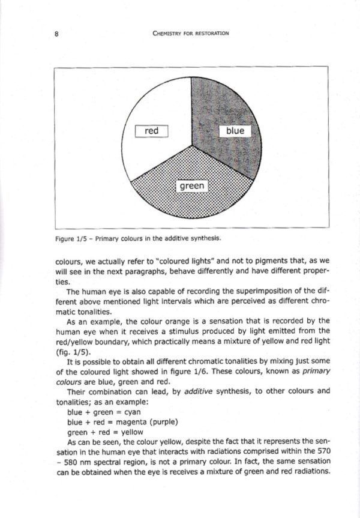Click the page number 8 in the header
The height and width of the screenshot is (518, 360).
point(55,34)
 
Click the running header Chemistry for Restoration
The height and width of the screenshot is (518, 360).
point(191,34)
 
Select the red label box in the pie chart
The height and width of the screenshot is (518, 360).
point(151,131)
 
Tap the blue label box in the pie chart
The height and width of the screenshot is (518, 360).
point(235,131)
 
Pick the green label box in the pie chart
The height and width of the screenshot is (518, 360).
point(192,186)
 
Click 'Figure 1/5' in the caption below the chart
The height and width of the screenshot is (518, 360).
point(71,238)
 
